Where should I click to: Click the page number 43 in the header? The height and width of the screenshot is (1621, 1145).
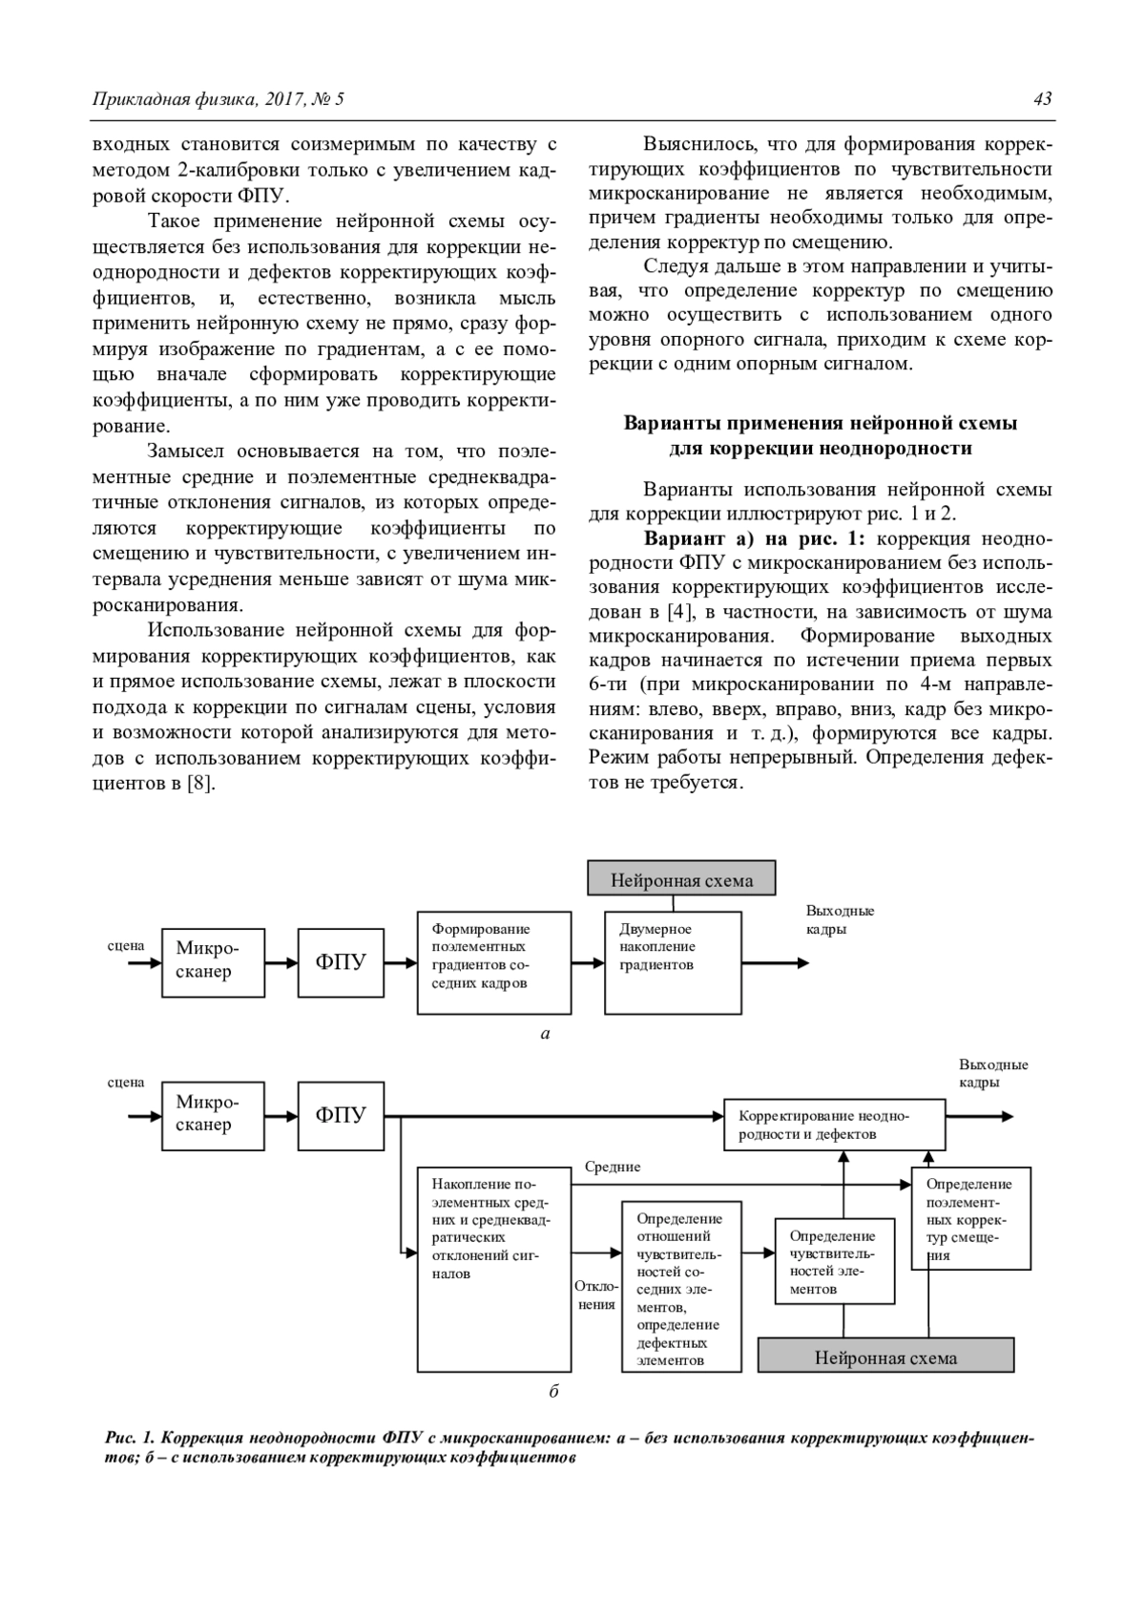[1042, 99]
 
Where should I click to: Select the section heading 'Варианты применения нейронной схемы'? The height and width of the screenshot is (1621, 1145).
[820, 423]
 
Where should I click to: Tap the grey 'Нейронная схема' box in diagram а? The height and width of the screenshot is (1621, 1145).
[681, 880]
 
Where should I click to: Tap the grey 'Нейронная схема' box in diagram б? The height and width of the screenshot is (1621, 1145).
[885, 1357]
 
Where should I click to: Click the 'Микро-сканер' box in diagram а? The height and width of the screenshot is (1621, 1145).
[213, 962]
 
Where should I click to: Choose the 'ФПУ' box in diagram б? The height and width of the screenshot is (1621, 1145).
[341, 1115]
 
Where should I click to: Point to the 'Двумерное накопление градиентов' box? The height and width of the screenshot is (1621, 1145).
[673, 962]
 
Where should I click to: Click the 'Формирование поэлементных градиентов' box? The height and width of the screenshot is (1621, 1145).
[494, 962]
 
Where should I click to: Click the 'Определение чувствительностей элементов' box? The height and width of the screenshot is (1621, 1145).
[835, 1261]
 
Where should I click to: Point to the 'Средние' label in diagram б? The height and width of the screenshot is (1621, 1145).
[613, 1167]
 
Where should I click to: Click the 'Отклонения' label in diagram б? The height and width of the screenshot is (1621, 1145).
[596, 1295]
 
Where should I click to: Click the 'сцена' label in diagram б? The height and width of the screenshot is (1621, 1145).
[126, 1082]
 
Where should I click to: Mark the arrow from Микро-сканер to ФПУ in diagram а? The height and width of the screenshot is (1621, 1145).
[281, 962]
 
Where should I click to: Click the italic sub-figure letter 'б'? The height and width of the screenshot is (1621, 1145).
[553, 1391]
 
